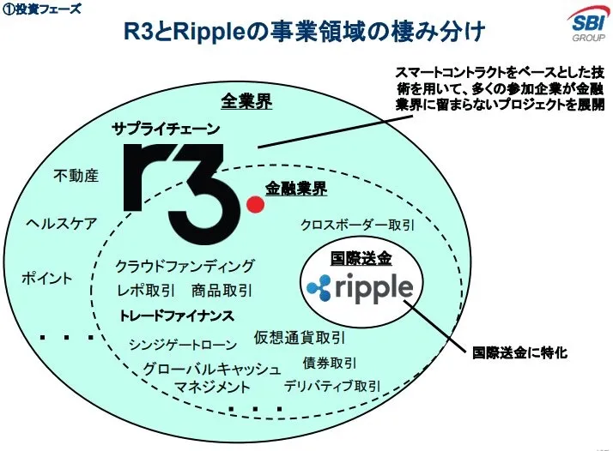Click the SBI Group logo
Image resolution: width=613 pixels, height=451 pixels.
pyautogui.click(x=587, y=25)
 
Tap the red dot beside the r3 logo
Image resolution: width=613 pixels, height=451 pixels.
pyautogui.click(x=255, y=204)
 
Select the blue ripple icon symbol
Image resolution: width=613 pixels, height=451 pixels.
pyautogui.click(x=319, y=288)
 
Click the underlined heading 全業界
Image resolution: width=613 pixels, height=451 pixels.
pyautogui.click(x=246, y=101)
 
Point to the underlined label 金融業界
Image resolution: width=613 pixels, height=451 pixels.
pyautogui.click(x=296, y=189)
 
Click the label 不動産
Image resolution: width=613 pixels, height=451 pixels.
pyautogui.click(x=76, y=176)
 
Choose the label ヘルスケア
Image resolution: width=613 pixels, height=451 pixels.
pyautogui.click(x=61, y=224)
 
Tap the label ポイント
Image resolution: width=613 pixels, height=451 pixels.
pyautogui.click(x=47, y=279)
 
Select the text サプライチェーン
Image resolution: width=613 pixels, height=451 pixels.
pyautogui.click(x=166, y=129)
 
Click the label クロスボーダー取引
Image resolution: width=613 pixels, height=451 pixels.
pyautogui.click(x=357, y=225)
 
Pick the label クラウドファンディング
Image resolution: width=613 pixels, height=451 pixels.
pyautogui.click(x=185, y=266)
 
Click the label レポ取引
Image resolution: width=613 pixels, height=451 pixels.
pyautogui.click(x=146, y=291)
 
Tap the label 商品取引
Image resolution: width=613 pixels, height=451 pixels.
pyautogui.click(x=222, y=291)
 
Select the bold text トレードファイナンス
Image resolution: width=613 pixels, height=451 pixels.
pyautogui.click(x=176, y=316)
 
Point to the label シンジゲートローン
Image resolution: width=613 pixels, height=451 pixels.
pyautogui.click(x=183, y=345)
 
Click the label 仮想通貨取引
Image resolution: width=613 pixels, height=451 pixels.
pyautogui.click(x=300, y=337)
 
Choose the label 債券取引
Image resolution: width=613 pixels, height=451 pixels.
pyautogui.click(x=330, y=364)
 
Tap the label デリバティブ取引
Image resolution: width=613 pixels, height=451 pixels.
pyautogui.click(x=332, y=386)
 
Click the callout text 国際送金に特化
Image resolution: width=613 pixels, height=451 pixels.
pyautogui.click(x=519, y=352)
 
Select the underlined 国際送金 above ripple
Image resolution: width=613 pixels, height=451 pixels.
pyautogui.click(x=361, y=258)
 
